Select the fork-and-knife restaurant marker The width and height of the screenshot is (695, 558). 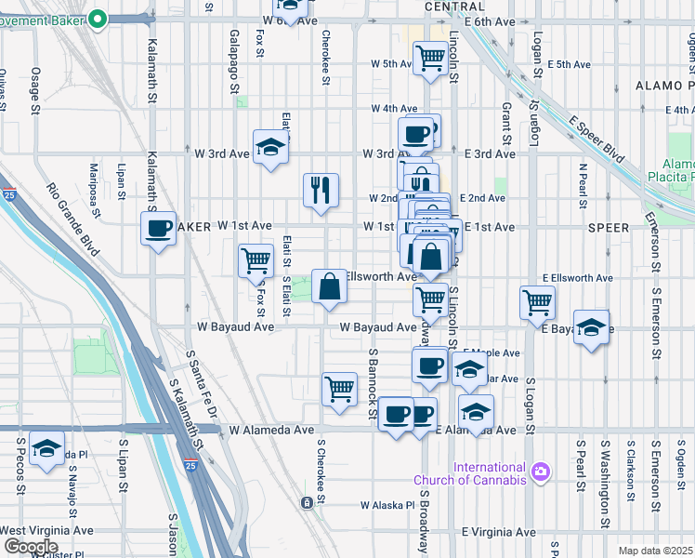coord(321,190)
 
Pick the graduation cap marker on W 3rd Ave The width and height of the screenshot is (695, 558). coord(271,149)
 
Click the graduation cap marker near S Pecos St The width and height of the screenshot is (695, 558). coord(46,448)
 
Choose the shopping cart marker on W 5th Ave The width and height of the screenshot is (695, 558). coord(431,59)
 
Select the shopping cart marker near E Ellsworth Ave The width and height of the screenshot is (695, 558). coord(538,301)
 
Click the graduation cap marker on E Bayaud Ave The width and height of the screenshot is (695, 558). coord(592,328)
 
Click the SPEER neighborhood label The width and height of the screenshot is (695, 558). coord(609,227)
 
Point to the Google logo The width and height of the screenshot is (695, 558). coord(31,547)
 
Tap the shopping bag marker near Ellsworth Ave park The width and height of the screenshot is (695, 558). coord(330,286)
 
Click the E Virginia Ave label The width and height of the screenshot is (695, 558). coord(499,532)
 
